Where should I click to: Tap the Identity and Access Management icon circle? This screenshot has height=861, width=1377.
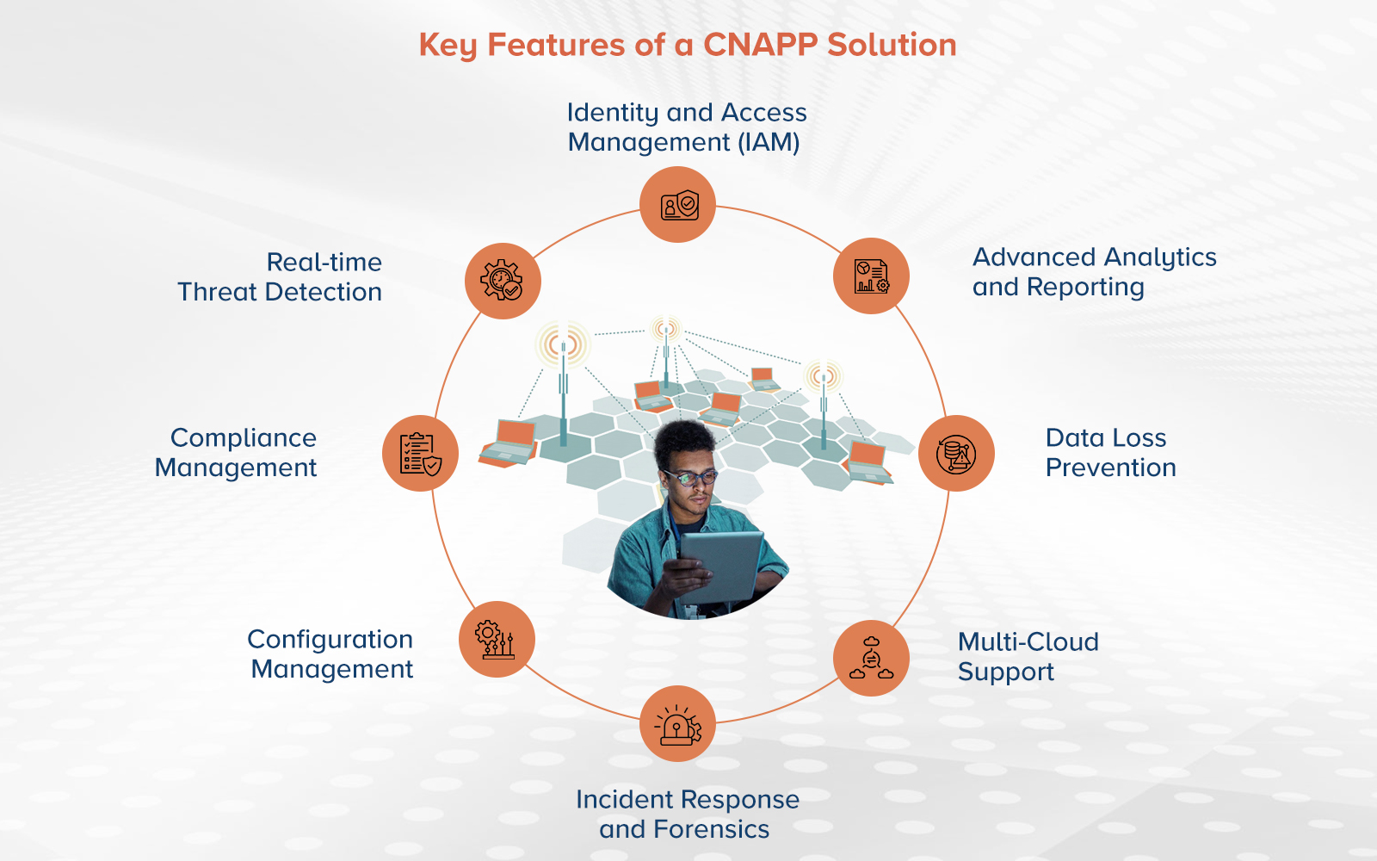tap(678, 205)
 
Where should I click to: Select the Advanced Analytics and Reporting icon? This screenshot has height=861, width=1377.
tap(871, 276)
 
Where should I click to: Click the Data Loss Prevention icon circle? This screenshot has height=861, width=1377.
tap(956, 454)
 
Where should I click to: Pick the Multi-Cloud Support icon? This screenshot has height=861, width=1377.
tap(871, 659)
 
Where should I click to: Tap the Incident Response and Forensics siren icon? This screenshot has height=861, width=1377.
tap(678, 724)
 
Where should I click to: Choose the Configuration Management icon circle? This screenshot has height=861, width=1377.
tap(497, 640)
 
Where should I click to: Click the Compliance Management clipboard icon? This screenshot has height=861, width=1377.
tap(420, 454)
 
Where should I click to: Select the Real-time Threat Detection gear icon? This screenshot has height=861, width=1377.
tap(503, 282)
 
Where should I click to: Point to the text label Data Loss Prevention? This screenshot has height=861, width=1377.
tap(1109, 453)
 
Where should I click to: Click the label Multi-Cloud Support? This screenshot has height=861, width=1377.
tap(1028, 657)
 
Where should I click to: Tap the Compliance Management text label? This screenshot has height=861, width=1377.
tap(237, 453)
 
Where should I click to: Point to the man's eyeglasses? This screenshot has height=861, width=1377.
tap(690, 476)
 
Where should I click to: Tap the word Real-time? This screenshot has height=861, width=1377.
tap(324, 263)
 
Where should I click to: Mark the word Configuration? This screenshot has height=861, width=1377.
tap(330, 640)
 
